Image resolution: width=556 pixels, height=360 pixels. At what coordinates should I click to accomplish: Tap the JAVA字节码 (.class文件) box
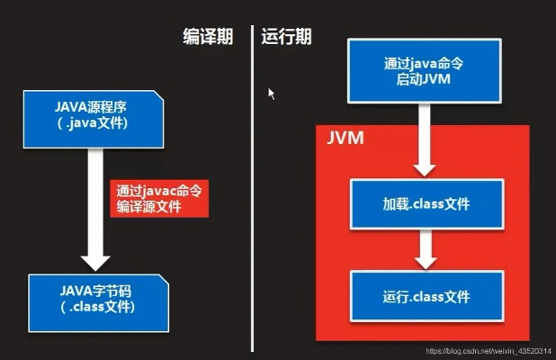tap(98, 299)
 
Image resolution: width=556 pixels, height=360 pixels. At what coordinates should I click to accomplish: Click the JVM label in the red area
tap(345, 139)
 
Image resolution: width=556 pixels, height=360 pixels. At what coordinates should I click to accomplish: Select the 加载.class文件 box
tap(426, 204)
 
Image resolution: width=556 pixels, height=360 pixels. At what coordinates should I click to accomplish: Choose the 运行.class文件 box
tap(426, 296)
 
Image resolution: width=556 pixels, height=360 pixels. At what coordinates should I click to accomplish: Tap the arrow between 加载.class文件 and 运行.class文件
tap(426, 250)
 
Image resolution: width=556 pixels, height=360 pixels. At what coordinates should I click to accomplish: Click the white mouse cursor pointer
tap(271, 93)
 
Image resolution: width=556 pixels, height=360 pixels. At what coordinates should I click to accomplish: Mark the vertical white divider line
tap(252, 180)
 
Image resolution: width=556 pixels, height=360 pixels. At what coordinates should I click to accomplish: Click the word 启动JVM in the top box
tap(423, 79)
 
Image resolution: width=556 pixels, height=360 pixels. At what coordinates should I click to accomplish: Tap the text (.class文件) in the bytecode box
tap(98, 308)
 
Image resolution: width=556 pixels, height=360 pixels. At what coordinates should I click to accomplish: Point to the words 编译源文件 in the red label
tap(149, 207)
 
